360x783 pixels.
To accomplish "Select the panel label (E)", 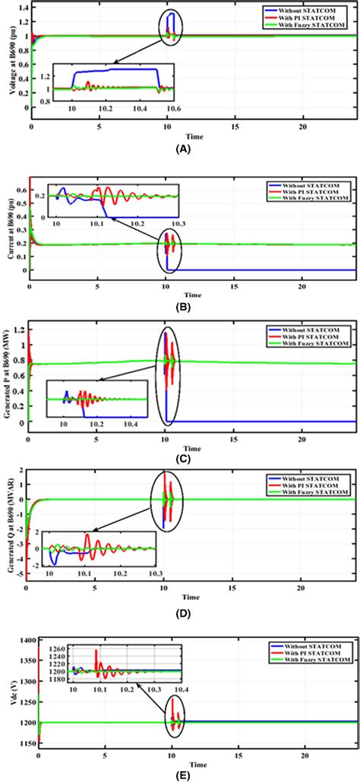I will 179,771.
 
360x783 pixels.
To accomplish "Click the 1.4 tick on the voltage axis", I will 20,8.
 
